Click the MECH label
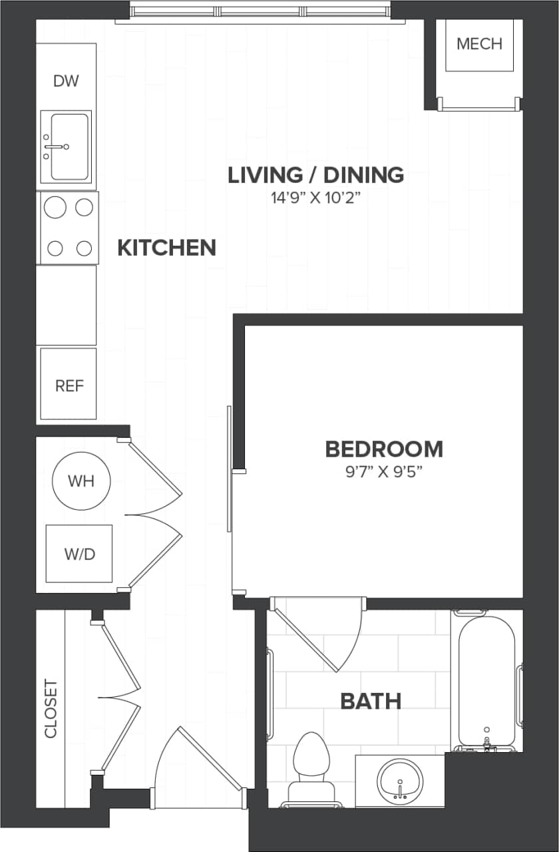pyautogui.click(x=479, y=44)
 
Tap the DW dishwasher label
pyautogui.click(x=66, y=81)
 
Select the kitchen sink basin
pyautogui.click(x=69, y=146)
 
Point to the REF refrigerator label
pyautogui.click(x=69, y=385)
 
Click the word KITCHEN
pyautogui.click(x=166, y=248)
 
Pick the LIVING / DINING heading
pyautogui.click(x=315, y=175)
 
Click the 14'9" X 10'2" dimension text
pyautogui.click(x=315, y=198)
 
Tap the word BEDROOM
pyautogui.click(x=384, y=449)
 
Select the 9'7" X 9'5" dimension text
pyautogui.click(x=384, y=472)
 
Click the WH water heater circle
pyautogui.click(x=81, y=481)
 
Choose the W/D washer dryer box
pyautogui.click(x=79, y=554)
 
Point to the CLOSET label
pyautogui.click(x=51, y=708)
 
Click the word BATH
pyautogui.click(x=371, y=701)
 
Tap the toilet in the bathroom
pyautogui.click(x=311, y=765)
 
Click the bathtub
pyautogui.click(x=486, y=679)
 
